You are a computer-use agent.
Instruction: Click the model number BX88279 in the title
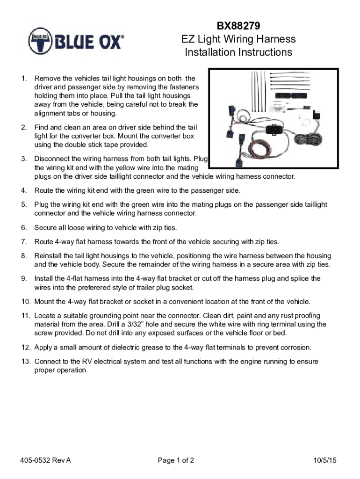pyautogui.click(x=238, y=25)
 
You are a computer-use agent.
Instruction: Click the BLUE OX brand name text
pyautogui.click(x=91, y=43)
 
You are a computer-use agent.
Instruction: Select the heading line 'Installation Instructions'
pyautogui.click(x=238, y=52)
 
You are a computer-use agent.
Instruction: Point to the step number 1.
pyautogui.click(x=24, y=78)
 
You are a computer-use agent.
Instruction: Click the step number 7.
pyautogui.click(x=24, y=242)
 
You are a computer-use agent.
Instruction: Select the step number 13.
pyautogui.click(x=26, y=362)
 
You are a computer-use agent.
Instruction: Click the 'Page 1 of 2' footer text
pyautogui.click(x=176, y=460)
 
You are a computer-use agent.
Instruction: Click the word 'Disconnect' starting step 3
pyautogui.click(x=53, y=159)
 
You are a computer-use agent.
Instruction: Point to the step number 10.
pyautogui.click(x=26, y=301)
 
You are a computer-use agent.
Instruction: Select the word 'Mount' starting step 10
pyautogui.click(x=44, y=301)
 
